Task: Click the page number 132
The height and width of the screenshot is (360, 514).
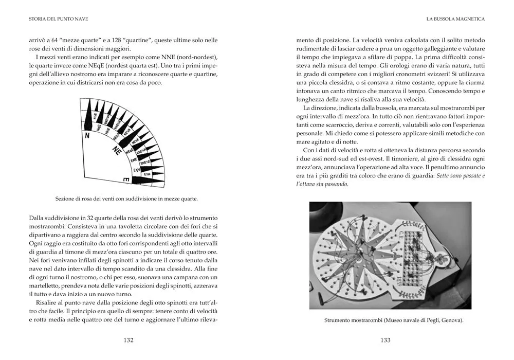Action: click(x=128, y=340)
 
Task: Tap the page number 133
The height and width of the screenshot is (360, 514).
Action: click(x=385, y=340)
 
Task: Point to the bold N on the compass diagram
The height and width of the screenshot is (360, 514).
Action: click(x=87, y=136)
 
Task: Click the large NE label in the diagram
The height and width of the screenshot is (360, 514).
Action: click(x=117, y=151)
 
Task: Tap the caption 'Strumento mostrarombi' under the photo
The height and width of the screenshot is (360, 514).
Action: click(x=394, y=320)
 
